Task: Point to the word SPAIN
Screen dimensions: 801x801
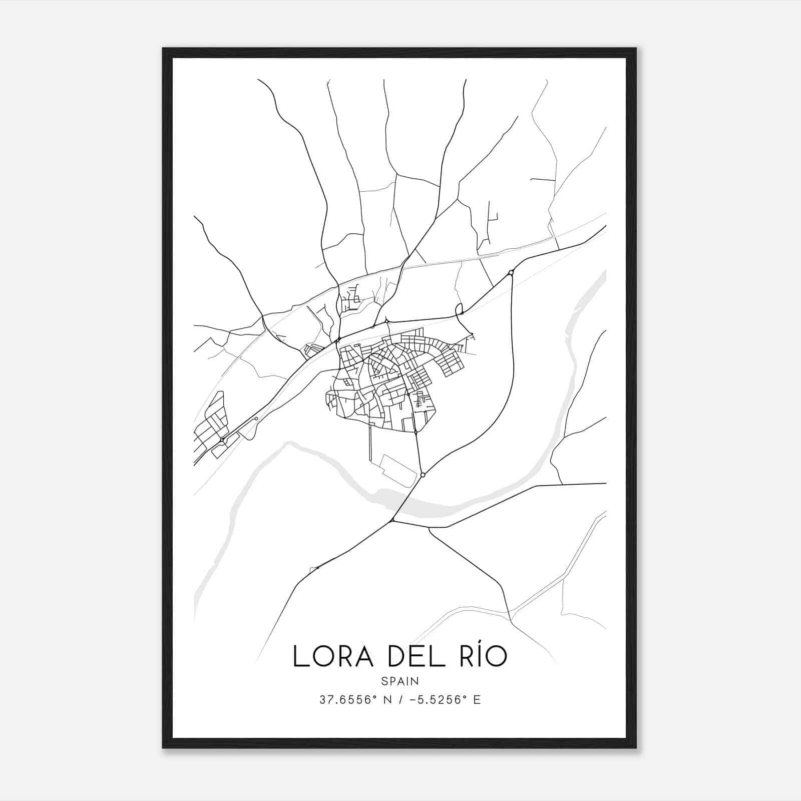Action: coord(400,681)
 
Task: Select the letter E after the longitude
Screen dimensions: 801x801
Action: coord(477,700)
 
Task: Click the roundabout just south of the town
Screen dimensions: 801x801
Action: coord(423,475)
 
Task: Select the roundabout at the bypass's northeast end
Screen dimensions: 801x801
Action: coord(511,273)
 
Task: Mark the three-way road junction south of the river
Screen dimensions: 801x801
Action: coord(392,521)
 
